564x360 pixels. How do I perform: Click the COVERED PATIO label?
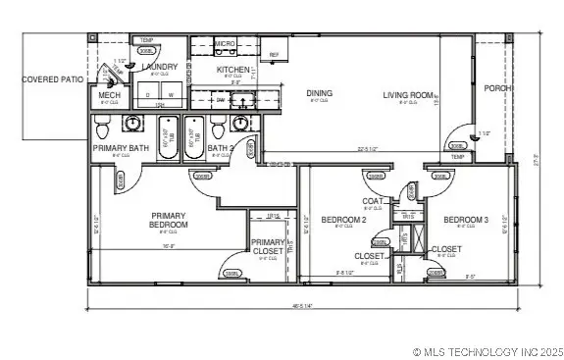pyautogui.click(x=54, y=78)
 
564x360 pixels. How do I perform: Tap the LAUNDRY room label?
pyautogui.click(x=159, y=67)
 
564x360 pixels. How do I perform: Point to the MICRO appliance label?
pyautogui.click(x=225, y=44)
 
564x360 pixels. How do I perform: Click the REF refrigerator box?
pyautogui.click(x=274, y=55)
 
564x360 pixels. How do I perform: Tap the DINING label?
pyautogui.click(x=319, y=93)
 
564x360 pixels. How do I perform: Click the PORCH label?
pyautogui.click(x=499, y=87)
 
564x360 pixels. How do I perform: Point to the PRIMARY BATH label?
pyautogui.click(x=121, y=148)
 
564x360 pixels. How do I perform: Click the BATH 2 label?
pyautogui.click(x=221, y=148)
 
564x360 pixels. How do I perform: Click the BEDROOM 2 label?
pyautogui.click(x=343, y=220)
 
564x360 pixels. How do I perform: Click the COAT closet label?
pyautogui.click(x=373, y=201)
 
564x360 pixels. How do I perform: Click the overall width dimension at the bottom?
pyautogui.click(x=301, y=305)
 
